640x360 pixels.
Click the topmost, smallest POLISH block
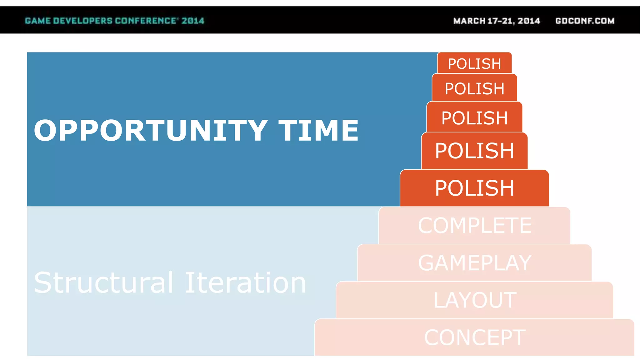point(474,63)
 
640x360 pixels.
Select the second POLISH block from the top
point(474,88)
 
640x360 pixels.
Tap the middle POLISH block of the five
point(474,118)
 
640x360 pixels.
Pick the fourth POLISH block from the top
point(474,151)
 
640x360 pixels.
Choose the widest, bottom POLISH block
point(474,188)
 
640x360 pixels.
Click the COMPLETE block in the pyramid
point(474,225)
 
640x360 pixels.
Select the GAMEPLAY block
point(474,263)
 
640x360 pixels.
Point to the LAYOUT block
point(474,300)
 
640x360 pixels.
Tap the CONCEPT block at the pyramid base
point(474,337)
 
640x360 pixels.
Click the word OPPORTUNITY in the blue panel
point(150,130)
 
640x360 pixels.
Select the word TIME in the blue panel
point(318,130)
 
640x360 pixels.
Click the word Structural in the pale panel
point(103,282)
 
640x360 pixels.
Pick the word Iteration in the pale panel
point(246,282)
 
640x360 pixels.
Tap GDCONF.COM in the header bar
point(585,21)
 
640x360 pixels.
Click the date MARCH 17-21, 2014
point(497,21)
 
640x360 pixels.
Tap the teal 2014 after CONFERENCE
point(193,21)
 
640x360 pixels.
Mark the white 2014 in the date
point(529,21)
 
